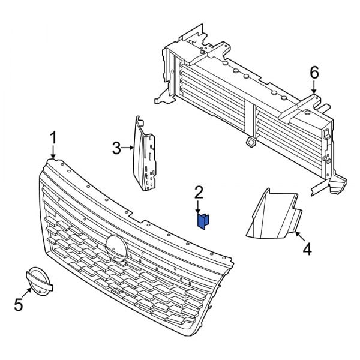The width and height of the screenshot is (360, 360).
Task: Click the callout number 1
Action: point(53,137)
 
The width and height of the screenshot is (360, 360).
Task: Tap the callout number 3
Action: point(116,146)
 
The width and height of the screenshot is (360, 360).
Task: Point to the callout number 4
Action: point(307,248)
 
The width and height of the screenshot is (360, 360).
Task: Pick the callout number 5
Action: point(19,305)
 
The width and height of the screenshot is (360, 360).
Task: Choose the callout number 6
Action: point(314,73)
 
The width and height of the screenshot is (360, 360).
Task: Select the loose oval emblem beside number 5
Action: point(38,282)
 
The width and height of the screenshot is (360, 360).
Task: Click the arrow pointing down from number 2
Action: point(199,207)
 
